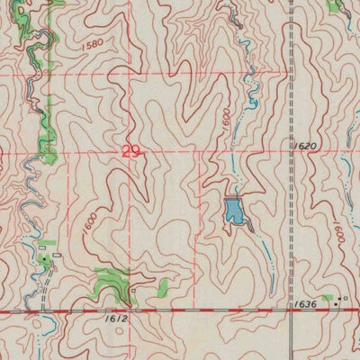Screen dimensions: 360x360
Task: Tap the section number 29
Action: [x=130, y=153]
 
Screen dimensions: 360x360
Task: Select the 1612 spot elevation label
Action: [x=115, y=319]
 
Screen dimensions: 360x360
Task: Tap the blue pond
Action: [x=234, y=213]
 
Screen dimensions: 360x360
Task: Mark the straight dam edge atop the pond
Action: [x=233, y=199]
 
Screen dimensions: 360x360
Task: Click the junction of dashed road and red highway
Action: [x=294, y=310]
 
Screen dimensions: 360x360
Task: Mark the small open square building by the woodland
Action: [x=132, y=292]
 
